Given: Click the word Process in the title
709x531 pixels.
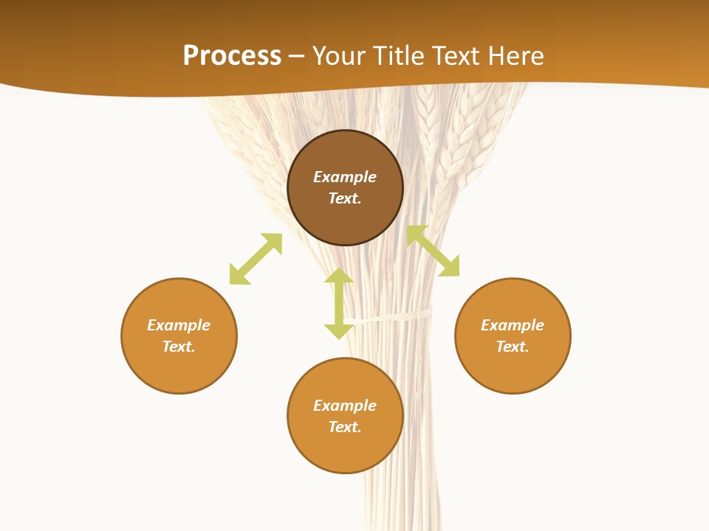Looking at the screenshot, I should pos(232,56).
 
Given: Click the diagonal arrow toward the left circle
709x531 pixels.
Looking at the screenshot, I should pos(256,259).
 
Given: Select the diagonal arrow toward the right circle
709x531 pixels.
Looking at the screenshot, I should pos(433,251).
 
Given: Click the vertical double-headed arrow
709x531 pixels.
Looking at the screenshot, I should pos(339,303).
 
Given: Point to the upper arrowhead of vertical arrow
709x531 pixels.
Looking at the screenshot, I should pos(339,274).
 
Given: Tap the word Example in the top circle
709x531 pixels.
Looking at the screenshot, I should pos(345,177).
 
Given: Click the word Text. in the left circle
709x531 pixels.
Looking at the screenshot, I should pos(179,347).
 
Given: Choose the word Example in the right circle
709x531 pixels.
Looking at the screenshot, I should pos(513,325).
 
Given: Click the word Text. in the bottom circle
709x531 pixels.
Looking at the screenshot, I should pos(345,427).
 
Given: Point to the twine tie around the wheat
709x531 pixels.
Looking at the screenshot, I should pos(399,316).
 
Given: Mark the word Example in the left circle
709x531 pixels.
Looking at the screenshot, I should pos(179,325).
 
